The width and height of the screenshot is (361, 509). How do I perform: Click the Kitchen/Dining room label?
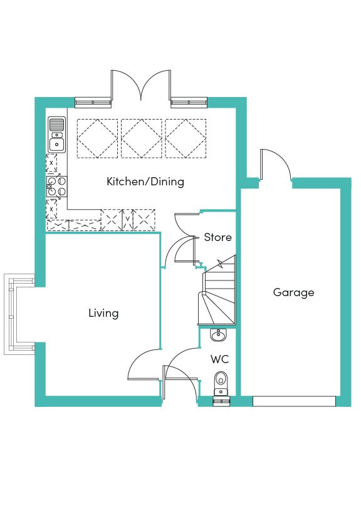[145, 182]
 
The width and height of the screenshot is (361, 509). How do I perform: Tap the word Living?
[103, 313]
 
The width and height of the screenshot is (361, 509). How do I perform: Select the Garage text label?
[294, 292]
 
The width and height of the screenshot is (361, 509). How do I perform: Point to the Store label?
[217, 237]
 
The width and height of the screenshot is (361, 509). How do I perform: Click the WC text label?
[219, 359]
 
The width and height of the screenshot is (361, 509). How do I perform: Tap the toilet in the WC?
[221, 383]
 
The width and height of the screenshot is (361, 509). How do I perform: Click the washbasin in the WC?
[218, 336]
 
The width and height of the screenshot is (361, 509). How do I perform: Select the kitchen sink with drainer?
[57, 135]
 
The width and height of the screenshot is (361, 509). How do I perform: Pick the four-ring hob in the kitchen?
[57, 187]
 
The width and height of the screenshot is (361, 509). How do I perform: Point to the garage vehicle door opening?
[294, 401]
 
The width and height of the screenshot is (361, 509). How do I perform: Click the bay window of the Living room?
[19, 314]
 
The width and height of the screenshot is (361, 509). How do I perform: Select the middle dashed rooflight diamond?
[142, 138]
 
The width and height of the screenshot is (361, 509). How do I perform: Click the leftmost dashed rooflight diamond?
[98, 138]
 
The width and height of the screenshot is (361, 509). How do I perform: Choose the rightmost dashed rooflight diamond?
[186, 138]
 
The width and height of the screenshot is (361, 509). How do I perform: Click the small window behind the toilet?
[221, 401]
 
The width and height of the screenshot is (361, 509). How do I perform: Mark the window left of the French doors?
[93, 103]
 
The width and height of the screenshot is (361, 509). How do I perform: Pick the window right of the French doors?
[189, 103]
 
